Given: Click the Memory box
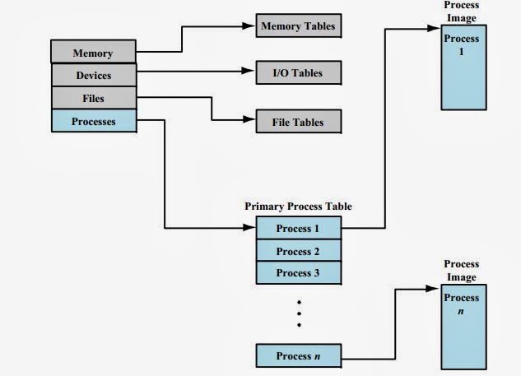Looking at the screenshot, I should [x=93, y=53].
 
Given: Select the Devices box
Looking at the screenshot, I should [x=93, y=76].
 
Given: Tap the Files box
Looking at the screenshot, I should [x=93, y=99].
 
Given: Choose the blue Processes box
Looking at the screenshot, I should [x=93, y=122].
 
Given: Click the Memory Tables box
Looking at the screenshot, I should [x=297, y=26].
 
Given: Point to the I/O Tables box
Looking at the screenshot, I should [x=297, y=73].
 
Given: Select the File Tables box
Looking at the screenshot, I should [x=297, y=122].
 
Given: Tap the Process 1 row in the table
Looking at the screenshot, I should [x=298, y=227].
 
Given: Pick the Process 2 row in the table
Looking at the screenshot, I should [x=298, y=250].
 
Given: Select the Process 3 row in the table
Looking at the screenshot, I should [x=298, y=273].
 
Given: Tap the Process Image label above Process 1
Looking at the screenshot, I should [x=462, y=12].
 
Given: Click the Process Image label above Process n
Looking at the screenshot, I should [x=462, y=270].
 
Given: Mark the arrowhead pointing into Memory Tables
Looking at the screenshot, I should [x=249, y=26].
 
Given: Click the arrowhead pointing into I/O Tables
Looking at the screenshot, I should [x=249, y=73].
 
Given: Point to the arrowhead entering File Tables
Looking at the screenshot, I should [x=249, y=122].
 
